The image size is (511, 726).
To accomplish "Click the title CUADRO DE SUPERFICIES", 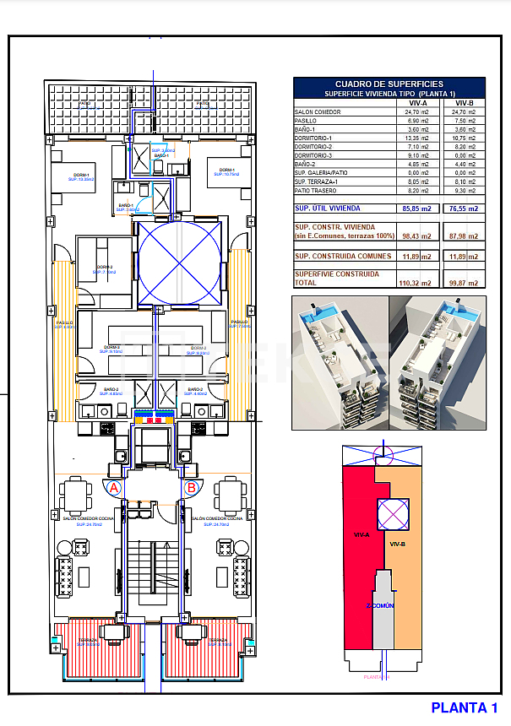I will (x=389, y=84).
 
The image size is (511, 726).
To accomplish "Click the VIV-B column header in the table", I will (x=464, y=102).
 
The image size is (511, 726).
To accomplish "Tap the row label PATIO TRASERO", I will (x=316, y=191).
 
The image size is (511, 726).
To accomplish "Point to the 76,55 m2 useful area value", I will (x=464, y=208).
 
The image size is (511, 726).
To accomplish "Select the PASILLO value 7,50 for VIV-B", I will (x=464, y=121).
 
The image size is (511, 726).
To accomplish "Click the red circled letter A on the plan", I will (x=114, y=487).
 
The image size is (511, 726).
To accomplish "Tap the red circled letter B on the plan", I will (x=191, y=487).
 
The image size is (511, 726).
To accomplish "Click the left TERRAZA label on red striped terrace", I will (x=89, y=641).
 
